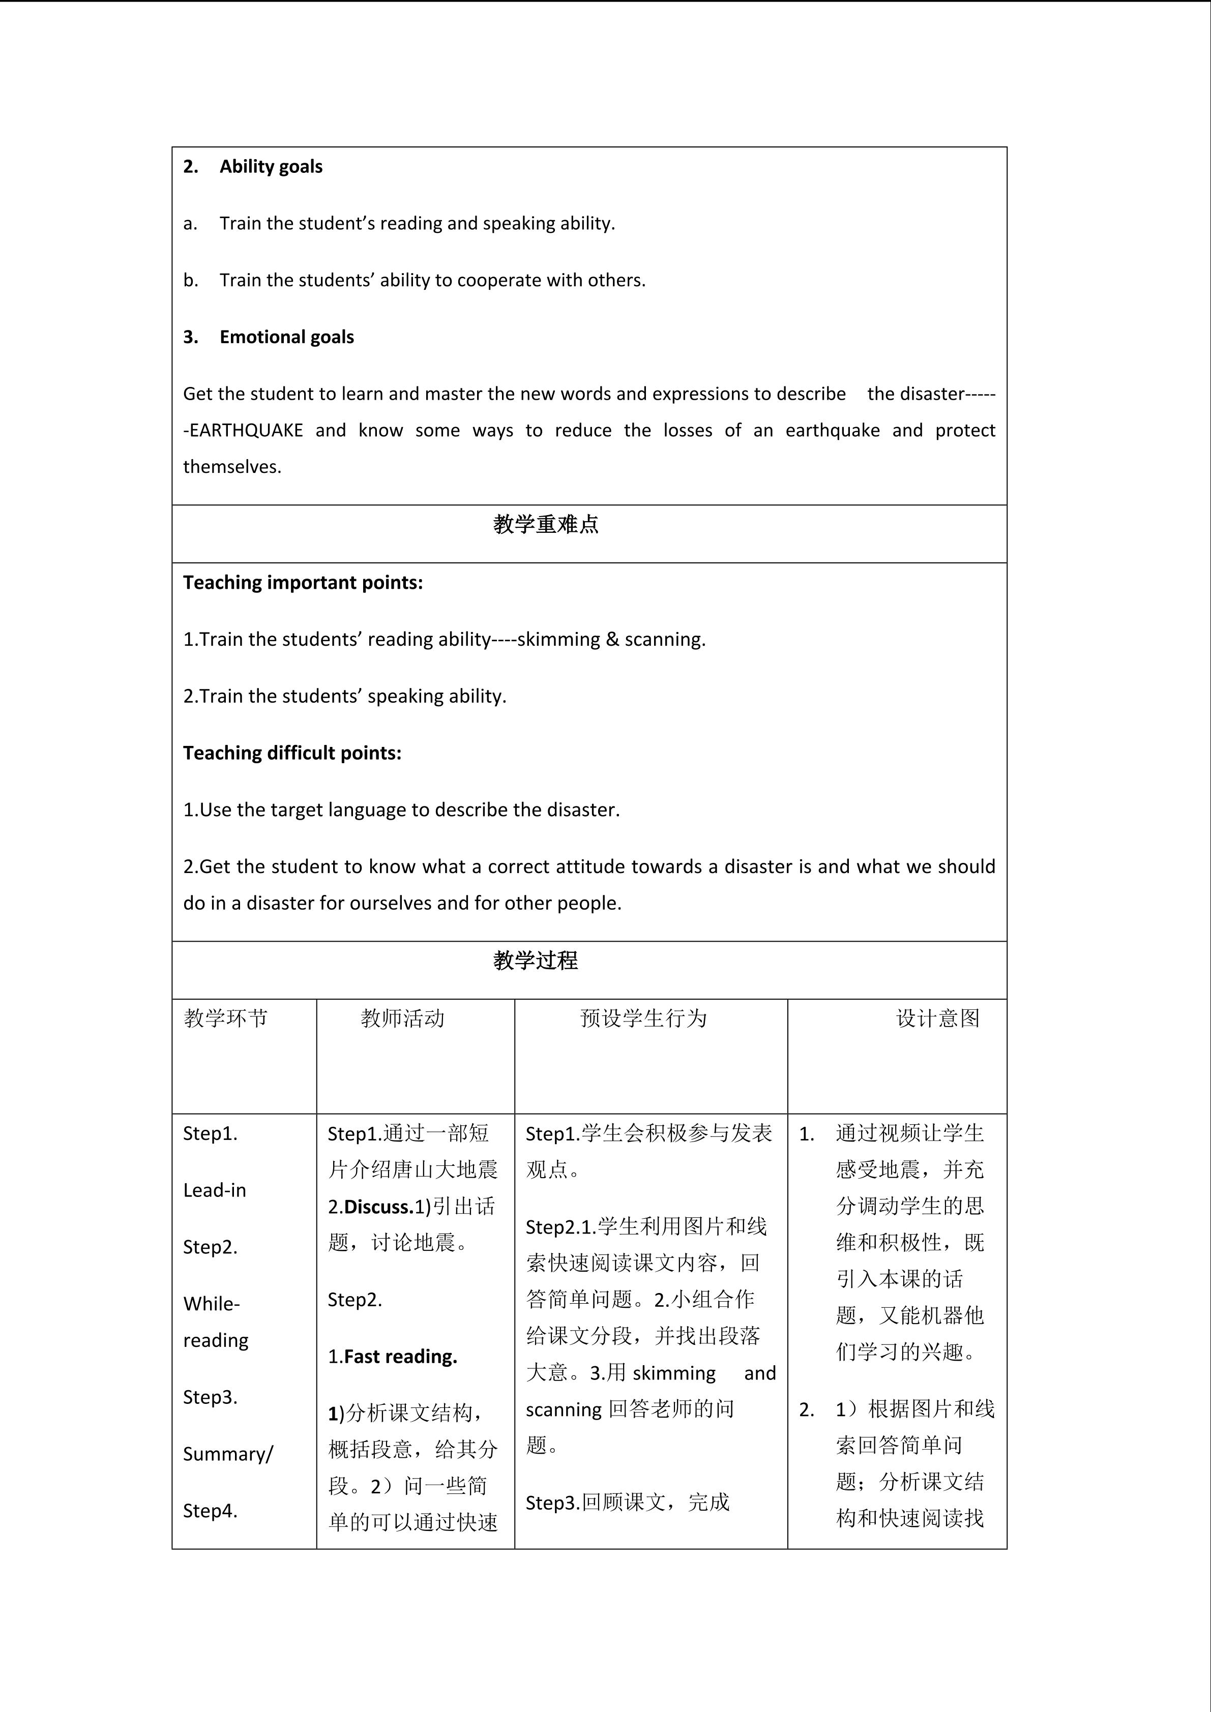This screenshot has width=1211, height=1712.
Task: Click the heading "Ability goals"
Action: pos(271,166)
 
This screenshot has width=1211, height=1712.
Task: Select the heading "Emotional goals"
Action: pos(286,337)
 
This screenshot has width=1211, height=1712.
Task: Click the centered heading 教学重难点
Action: pos(545,525)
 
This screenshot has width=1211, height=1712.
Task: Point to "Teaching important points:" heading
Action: pos(303,582)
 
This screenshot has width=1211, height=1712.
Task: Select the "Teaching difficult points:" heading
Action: pos(292,753)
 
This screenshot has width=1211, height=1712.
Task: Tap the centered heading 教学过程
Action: pos(536,960)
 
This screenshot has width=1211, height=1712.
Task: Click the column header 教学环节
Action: pos(225,1018)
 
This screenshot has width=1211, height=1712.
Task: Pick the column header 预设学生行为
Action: pos(643,1018)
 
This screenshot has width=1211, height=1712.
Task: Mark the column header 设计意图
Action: pos(937,1018)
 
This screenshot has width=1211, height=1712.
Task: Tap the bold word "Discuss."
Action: pos(379,1207)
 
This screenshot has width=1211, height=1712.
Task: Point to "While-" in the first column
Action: pos(212,1304)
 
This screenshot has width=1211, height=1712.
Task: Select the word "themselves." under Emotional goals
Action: pos(232,467)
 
